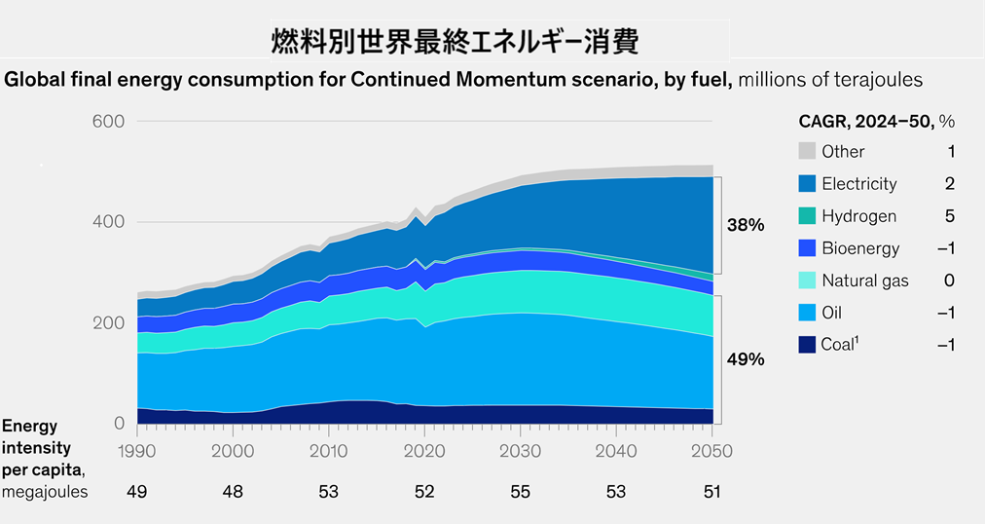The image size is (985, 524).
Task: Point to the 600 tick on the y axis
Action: pyautogui.click(x=108, y=122)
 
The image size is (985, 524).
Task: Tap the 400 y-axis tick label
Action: pyautogui.click(x=108, y=222)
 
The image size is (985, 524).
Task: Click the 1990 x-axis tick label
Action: pyautogui.click(x=137, y=451)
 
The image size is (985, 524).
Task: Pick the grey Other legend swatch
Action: pyautogui.click(x=806, y=151)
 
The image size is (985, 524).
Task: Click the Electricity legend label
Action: pyautogui.click(x=858, y=184)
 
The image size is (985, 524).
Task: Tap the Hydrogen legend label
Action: pyautogui.click(x=858, y=216)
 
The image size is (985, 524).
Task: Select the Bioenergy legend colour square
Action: pyautogui.click(x=806, y=248)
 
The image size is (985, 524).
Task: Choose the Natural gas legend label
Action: pyautogui.click(x=864, y=281)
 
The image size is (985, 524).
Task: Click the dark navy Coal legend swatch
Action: pyautogui.click(x=806, y=345)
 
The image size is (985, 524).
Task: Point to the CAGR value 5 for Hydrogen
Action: pyautogui.click(x=950, y=216)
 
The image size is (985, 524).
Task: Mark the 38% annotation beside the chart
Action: pyautogui.click(x=746, y=225)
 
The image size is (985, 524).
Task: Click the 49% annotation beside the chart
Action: pyautogui.click(x=746, y=359)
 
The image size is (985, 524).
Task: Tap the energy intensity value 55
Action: pyautogui.click(x=521, y=492)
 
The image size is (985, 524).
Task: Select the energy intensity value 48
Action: pyautogui.click(x=233, y=492)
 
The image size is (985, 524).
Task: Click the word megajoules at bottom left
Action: pyautogui.click(x=45, y=492)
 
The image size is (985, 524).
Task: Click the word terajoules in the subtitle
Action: pyautogui.click(x=871, y=79)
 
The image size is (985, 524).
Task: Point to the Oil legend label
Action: pyautogui.click(x=833, y=313)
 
